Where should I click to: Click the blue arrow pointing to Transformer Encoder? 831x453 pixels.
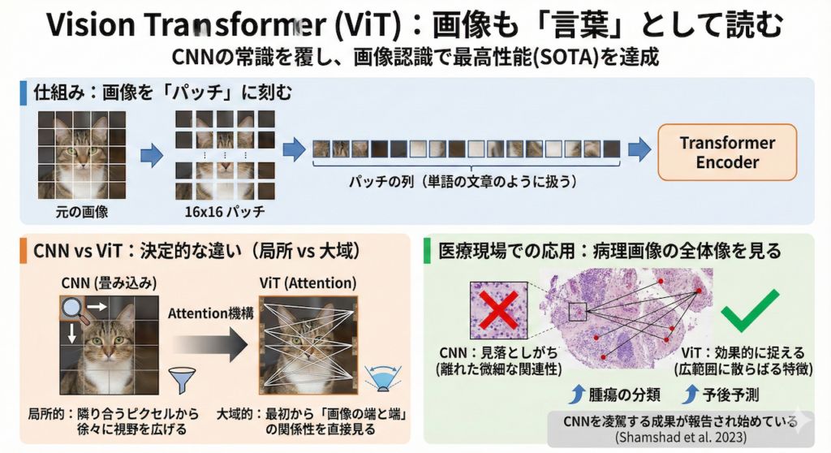639,149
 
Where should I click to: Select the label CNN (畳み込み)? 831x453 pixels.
102,283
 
